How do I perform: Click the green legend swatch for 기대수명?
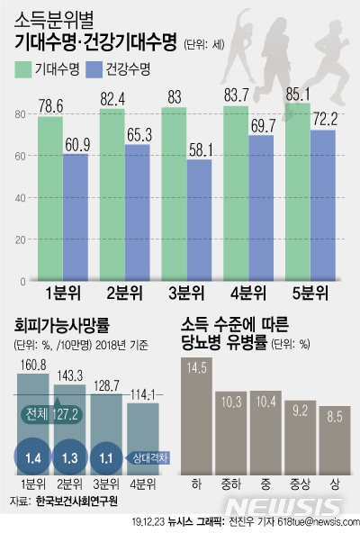[24, 68]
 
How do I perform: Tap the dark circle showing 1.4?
[32, 456]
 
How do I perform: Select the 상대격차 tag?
[147, 456]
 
